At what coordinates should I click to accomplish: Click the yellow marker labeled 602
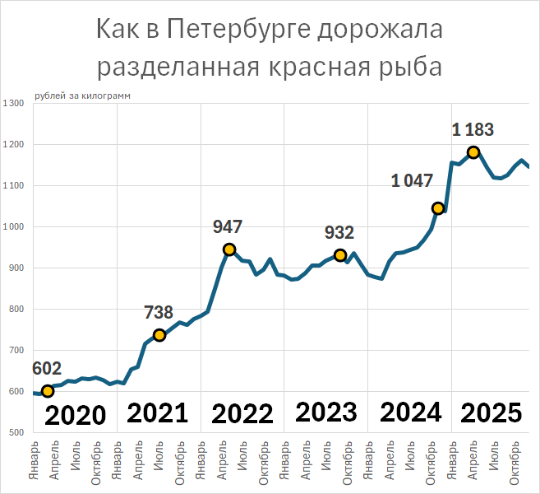(x=47, y=391)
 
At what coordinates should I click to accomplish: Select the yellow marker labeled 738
(x=159, y=335)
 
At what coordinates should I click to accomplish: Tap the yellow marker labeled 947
(x=229, y=249)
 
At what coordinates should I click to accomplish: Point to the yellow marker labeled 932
(x=340, y=255)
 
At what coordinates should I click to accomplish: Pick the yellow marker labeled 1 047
(x=438, y=208)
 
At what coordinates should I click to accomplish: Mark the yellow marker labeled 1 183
(x=473, y=152)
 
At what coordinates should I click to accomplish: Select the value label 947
(x=228, y=227)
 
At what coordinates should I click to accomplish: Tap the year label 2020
(x=75, y=414)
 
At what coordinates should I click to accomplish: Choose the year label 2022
(x=242, y=412)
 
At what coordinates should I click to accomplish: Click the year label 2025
(x=491, y=412)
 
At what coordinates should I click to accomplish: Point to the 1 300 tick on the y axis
(x=14, y=104)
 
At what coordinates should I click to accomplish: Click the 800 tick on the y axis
(x=16, y=310)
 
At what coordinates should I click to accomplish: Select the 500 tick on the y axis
(x=16, y=433)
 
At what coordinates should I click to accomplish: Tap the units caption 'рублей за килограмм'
(x=82, y=96)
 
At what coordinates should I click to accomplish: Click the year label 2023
(x=325, y=412)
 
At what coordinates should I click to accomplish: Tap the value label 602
(x=47, y=369)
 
